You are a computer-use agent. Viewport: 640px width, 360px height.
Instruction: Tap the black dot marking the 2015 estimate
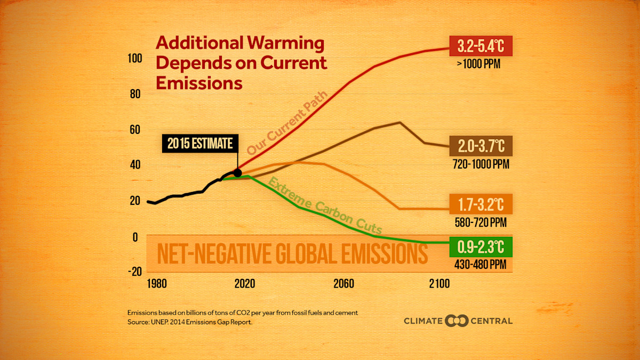(x=237, y=173)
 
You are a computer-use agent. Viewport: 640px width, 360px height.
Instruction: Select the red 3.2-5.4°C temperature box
(x=481, y=46)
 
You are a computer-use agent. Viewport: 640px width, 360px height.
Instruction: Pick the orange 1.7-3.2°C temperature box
(x=481, y=204)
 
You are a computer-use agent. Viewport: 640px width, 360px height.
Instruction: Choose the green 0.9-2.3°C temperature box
(x=481, y=246)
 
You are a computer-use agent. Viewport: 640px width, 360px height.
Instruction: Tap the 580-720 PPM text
(x=480, y=222)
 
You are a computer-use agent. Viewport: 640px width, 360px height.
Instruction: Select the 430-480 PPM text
(x=480, y=264)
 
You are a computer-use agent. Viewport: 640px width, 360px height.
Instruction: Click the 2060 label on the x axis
(x=344, y=283)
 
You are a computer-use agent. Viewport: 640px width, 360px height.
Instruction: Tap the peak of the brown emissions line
(x=399, y=123)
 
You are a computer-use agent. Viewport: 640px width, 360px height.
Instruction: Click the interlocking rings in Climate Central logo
(x=457, y=321)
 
